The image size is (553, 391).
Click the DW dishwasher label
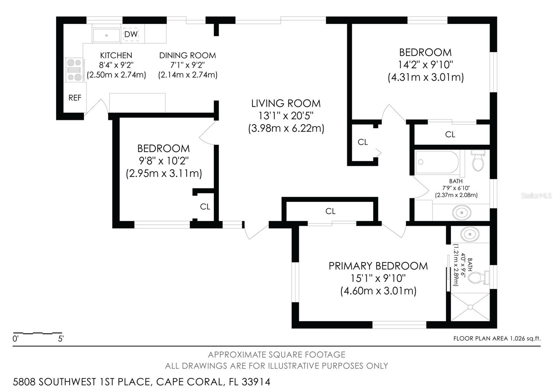(x=131, y=34)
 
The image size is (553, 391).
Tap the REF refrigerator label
(x=75, y=98)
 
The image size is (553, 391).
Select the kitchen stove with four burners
(x=74, y=70)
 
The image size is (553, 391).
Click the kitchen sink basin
(x=106, y=35)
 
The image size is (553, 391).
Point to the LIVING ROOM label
(x=286, y=103)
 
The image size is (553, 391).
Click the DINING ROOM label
(x=188, y=55)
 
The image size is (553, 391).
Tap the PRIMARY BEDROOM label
(x=378, y=266)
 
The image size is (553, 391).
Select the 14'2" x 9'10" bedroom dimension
(x=425, y=65)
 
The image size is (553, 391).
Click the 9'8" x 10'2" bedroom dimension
(x=164, y=161)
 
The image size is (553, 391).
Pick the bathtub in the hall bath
(x=437, y=162)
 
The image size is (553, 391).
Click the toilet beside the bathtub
(x=478, y=161)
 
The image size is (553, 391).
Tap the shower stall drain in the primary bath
(x=470, y=307)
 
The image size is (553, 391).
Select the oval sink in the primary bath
(x=470, y=234)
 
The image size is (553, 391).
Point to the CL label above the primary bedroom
(x=330, y=211)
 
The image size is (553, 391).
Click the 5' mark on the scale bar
(x=61, y=339)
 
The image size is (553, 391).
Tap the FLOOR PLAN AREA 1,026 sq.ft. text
(x=497, y=338)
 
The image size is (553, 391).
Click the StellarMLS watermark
(x=536, y=196)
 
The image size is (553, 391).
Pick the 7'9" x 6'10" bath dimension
(x=456, y=188)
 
